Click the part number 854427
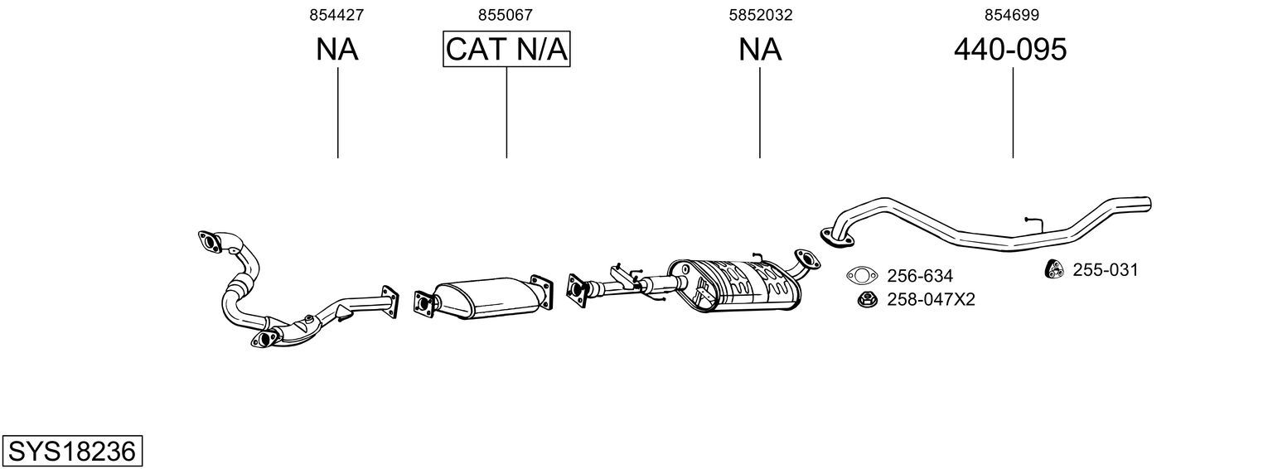pos(336,15)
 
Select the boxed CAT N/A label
pos(506,50)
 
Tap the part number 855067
pos(505,15)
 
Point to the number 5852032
pos(759,15)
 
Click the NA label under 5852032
pos(759,50)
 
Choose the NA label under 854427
pos(336,50)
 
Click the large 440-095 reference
pos(1010,50)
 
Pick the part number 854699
pos(1011,15)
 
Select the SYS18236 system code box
pos(71,452)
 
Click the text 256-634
pos(920,276)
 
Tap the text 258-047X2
pos(931,299)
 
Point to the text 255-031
pos(1106,269)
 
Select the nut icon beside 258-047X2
pos(866,299)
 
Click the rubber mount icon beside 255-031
pos(1053,269)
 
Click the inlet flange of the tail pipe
pos(837,237)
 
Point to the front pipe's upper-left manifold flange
pos(211,242)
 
